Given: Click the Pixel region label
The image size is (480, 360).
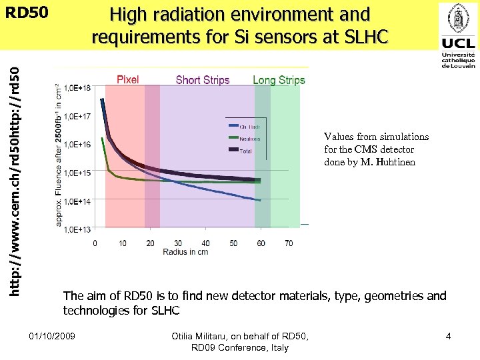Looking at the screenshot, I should [x=128, y=80].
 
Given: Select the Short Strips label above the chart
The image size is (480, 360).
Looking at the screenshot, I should [x=203, y=80].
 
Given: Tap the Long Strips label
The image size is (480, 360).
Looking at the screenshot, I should [x=279, y=80].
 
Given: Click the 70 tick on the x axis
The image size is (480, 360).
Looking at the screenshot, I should [x=289, y=243].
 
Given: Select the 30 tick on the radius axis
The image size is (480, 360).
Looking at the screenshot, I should [x=178, y=243].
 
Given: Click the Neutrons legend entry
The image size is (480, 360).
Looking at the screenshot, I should [x=250, y=139].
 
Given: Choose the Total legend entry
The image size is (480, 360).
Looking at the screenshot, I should [x=245, y=151].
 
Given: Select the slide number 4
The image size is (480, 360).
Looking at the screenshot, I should [x=448, y=336].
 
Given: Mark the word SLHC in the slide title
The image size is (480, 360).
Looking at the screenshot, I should [x=365, y=37].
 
